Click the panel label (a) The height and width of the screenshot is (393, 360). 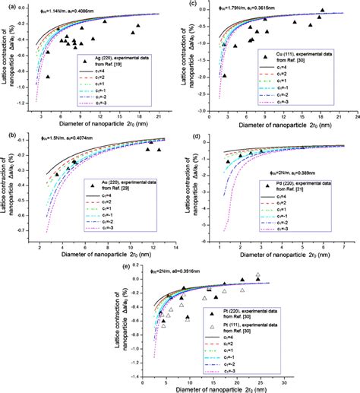[x=7, y=5]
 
